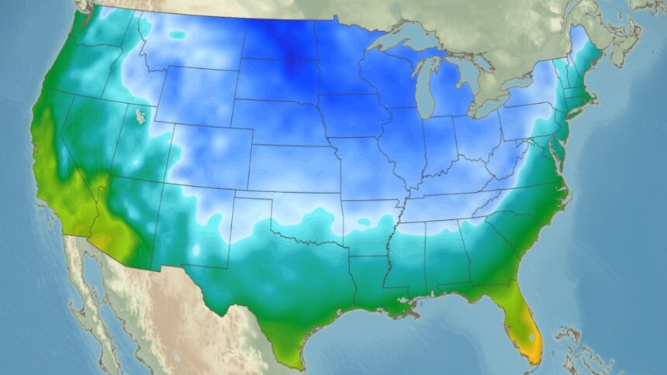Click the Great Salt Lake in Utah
(140, 116)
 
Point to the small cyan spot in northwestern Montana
(178, 35)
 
